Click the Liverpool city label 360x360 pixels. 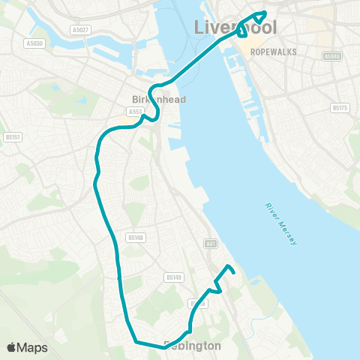(235, 28)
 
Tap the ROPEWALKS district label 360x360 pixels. (275, 52)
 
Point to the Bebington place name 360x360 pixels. (192, 346)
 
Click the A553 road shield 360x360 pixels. (135, 112)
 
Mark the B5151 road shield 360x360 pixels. (11, 137)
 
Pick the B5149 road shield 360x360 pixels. (174, 277)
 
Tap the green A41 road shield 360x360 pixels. (211, 243)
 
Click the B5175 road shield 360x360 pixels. (340, 108)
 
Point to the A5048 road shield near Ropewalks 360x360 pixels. (332, 56)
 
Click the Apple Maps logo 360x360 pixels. (27, 347)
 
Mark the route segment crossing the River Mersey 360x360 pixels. (196, 61)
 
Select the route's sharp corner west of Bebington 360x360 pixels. (135, 342)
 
